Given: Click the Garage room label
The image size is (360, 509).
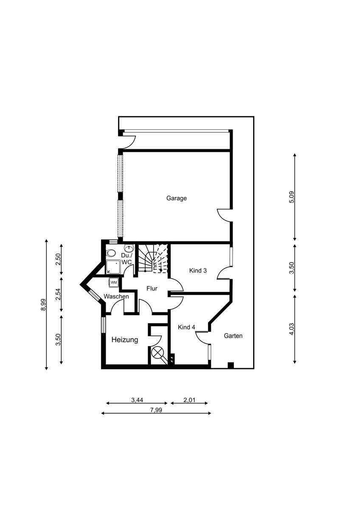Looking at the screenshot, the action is coord(176,198).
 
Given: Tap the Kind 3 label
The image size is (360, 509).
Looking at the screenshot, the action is coord(198,271).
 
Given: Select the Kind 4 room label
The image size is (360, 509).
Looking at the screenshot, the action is coord(186,327).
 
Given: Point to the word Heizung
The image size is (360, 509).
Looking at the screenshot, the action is coord(125,340).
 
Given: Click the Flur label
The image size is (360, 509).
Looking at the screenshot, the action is coord(152,288).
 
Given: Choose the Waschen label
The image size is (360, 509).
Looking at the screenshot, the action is coord(116,296).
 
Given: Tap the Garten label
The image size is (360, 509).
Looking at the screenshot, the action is coord(233,336).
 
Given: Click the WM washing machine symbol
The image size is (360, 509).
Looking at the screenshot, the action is coord(114,282).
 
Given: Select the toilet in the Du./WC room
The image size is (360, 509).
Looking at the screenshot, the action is coord(111,253).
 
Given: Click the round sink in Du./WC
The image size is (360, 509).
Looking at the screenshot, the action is coord(129,249).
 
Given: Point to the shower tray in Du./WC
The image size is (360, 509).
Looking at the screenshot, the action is coord(113,267).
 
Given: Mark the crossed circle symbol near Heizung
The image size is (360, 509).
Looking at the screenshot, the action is coord(157,353).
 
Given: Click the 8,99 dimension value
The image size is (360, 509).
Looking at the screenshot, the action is coord(43,304).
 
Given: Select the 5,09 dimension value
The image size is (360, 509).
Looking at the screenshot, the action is coord(292,197).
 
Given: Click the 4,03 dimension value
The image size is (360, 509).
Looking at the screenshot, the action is coord(292,329).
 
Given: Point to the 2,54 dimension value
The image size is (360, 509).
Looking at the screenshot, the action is coord(59,294).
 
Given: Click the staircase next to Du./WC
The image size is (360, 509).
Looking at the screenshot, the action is coord(153,258).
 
